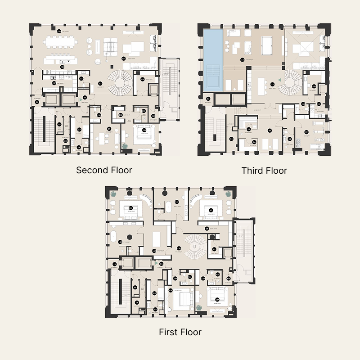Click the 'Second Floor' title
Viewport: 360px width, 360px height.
click(x=104, y=170)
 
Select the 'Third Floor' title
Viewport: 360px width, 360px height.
click(x=264, y=170)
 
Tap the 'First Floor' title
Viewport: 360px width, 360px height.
click(x=180, y=332)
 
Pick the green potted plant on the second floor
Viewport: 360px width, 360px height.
click(x=125, y=145)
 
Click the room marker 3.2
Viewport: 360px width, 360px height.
click(x=208, y=99)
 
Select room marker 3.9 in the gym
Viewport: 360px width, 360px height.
click(x=306, y=132)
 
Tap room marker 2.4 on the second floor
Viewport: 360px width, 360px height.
click(x=37, y=102)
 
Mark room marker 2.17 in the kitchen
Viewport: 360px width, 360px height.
click(x=54, y=83)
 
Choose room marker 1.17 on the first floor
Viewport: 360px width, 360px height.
click(x=217, y=299)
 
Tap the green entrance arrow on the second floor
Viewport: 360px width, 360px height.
click(x=84, y=98)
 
